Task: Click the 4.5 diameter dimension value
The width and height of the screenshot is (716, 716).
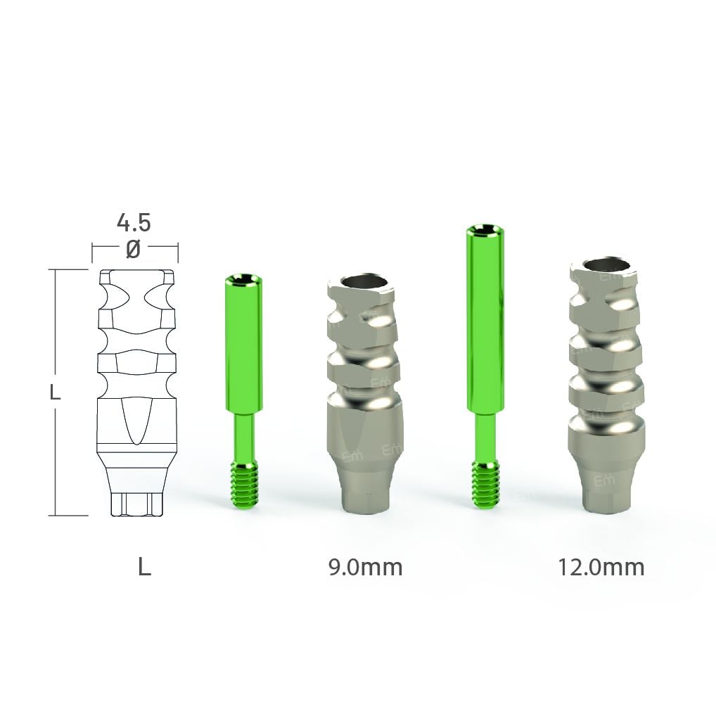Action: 134,222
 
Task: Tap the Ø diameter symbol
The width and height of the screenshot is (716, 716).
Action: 133,249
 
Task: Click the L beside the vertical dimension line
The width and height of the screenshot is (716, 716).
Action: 55,392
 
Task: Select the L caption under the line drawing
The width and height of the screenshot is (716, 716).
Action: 144,567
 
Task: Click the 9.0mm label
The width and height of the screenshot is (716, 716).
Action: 365,567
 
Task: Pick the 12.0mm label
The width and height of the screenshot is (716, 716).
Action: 601,567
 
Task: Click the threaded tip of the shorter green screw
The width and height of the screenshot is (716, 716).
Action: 244,484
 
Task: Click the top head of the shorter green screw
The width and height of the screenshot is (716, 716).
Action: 244,279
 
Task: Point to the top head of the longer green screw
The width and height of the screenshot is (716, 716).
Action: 485,230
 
